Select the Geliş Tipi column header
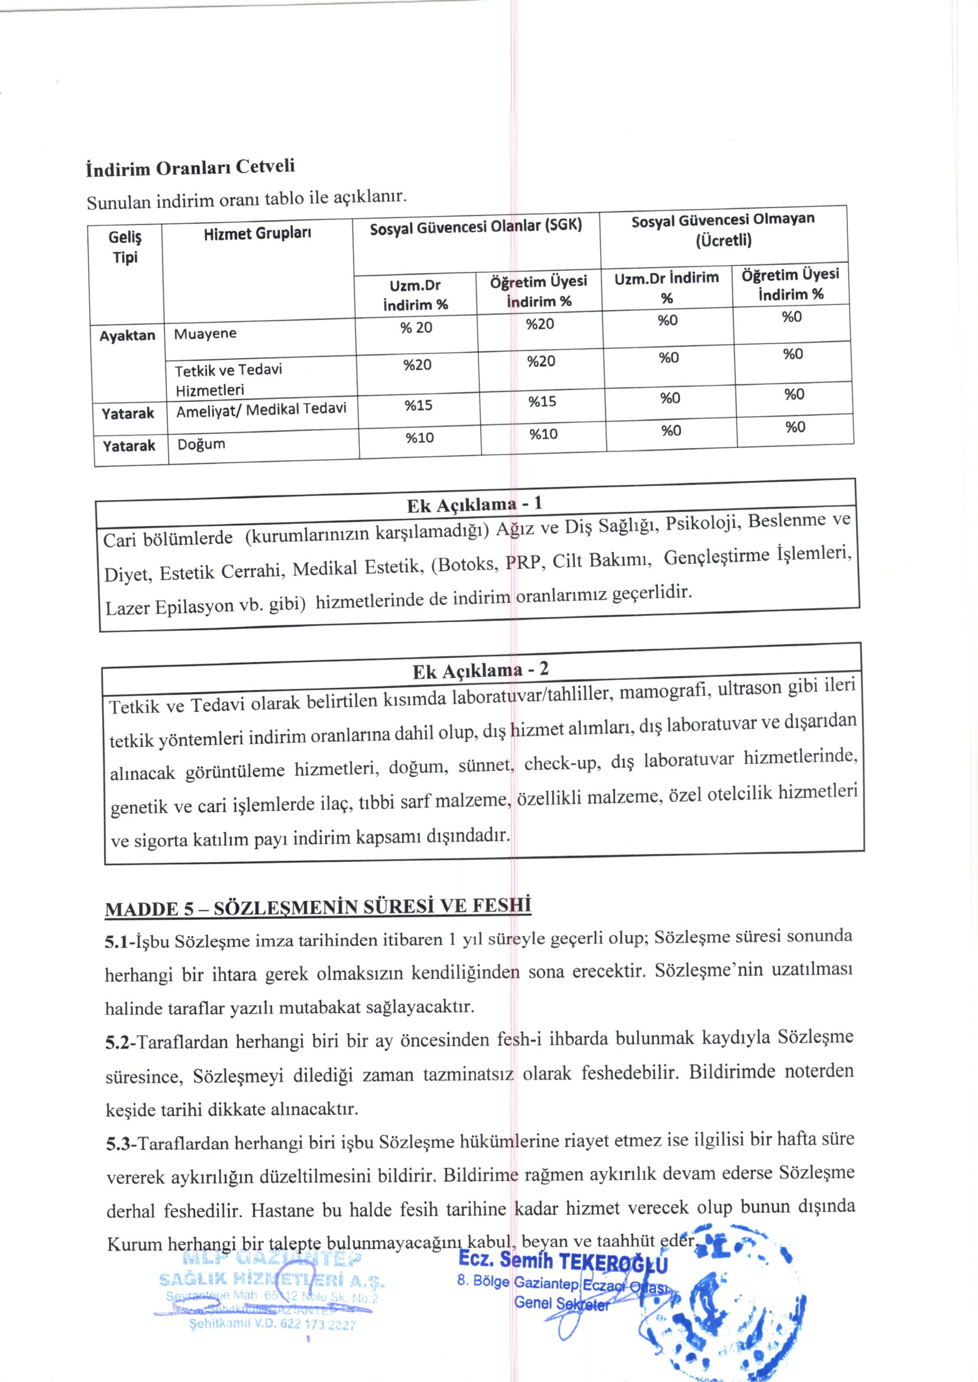(x=125, y=248)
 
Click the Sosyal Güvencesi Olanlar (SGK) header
(x=476, y=227)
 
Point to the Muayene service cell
(x=205, y=334)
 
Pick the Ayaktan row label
(x=127, y=336)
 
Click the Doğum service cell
(x=201, y=445)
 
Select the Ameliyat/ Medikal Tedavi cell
(x=261, y=410)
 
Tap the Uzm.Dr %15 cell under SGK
(x=418, y=405)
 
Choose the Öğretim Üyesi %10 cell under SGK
(x=543, y=434)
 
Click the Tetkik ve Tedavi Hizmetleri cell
(x=228, y=379)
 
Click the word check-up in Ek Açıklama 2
(x=561, y=763)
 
